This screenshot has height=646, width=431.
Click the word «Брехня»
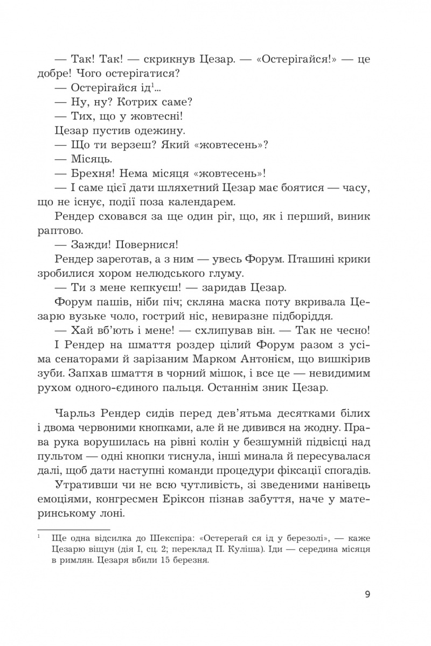97,173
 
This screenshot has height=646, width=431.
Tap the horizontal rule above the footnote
73,530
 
